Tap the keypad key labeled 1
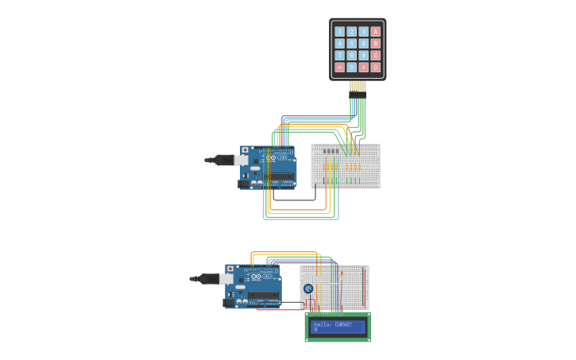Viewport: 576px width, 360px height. (x=339, y=32)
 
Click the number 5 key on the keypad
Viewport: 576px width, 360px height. (x=351, y=44)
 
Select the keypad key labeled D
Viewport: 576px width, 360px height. (x=376, y=68)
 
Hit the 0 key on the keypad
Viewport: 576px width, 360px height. (x=351, y=68)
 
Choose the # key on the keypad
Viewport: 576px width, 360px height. (x=364, y=68)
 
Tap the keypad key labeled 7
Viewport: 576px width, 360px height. (x=339, y=56)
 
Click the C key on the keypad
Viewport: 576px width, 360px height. (x=376, y=56)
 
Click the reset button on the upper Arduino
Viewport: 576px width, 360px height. (x=245, y=149)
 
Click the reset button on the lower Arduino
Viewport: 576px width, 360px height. (x=230, y=269)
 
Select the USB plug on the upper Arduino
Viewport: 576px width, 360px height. (x=223, y=160)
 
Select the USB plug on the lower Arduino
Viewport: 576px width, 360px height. (x=208, y=279)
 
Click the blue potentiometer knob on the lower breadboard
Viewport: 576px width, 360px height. (x=308, y=288)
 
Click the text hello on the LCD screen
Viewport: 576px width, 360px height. (x=322, y=324)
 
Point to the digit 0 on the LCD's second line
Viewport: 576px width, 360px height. (x=316, y=330)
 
